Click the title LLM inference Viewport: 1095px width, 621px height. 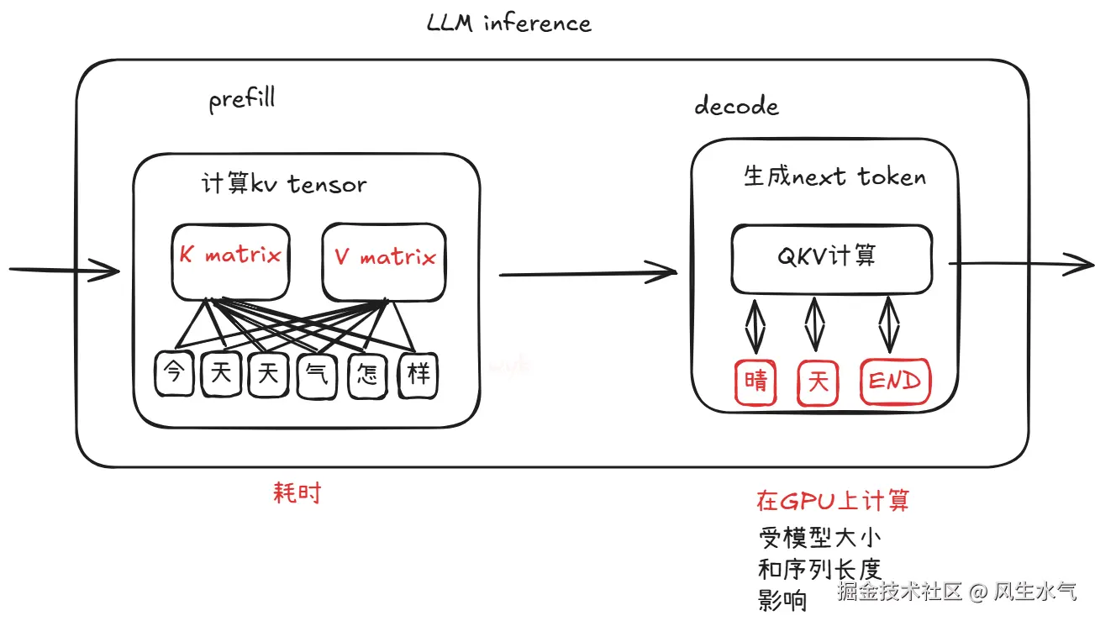coord(508,23)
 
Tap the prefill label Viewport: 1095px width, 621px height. coord(241,101)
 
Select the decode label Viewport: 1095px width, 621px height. coord(736,107)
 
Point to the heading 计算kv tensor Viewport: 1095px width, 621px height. coord(284,184)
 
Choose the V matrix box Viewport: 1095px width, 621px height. coord(384,261)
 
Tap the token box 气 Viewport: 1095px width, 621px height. coord(317,375)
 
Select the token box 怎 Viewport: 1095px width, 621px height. coord(366,375)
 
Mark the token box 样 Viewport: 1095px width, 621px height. coord(418,375)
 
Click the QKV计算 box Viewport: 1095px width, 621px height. coord(830,256)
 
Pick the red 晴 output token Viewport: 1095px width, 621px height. coord(755,382)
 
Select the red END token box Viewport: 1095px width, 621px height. coord(895,382)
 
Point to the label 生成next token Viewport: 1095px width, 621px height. coord(834,177)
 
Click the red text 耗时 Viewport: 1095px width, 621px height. coord(297,493)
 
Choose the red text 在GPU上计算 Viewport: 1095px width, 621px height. coord(832,502)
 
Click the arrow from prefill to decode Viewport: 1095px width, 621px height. coord(587,272)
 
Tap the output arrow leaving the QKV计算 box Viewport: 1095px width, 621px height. coord(1021,264)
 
